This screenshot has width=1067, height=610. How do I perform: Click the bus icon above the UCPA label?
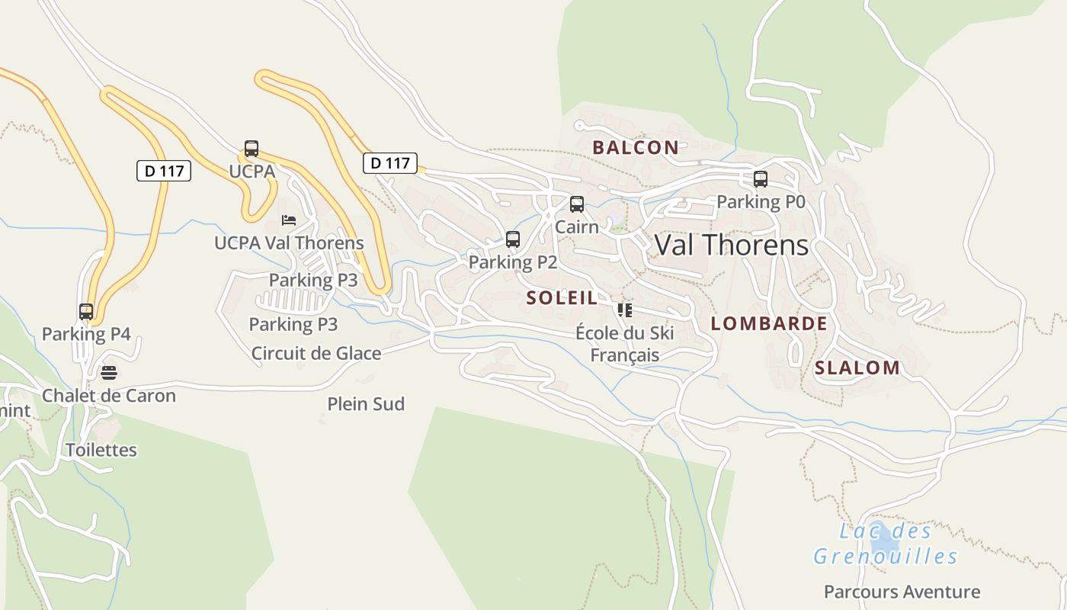click(252, 149)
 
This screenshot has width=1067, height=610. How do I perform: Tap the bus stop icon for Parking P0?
click(761, 179)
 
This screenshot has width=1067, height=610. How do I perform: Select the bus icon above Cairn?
click(577, 204)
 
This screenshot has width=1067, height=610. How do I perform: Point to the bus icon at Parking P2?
click(513, 239)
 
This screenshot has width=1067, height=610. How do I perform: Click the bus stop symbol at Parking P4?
click(86, 311)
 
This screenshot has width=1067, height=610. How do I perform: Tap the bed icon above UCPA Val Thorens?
click(289, 220)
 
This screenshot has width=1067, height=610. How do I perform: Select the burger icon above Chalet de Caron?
click(109, 372)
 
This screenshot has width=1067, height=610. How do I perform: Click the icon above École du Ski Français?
click(625, 310)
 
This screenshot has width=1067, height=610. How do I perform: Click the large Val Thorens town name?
click(731, 245)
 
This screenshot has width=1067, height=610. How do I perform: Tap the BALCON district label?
click(635, 147)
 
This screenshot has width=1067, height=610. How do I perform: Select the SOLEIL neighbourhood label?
click(562, 298)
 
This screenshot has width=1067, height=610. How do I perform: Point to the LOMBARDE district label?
click(768, 323)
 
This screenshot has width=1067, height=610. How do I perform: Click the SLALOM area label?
click(857, 368)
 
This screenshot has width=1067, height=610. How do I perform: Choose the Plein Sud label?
click(366, 404)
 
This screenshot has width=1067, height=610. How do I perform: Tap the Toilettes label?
click(101, 450)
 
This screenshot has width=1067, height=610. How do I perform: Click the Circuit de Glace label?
click(316, 353)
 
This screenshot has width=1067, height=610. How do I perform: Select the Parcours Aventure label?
click(902, 592)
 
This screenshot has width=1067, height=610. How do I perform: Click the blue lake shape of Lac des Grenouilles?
click(885, 540)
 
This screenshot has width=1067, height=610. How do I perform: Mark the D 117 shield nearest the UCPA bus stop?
click(164, 171)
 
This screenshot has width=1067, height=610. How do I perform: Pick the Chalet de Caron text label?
click(109, 396)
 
